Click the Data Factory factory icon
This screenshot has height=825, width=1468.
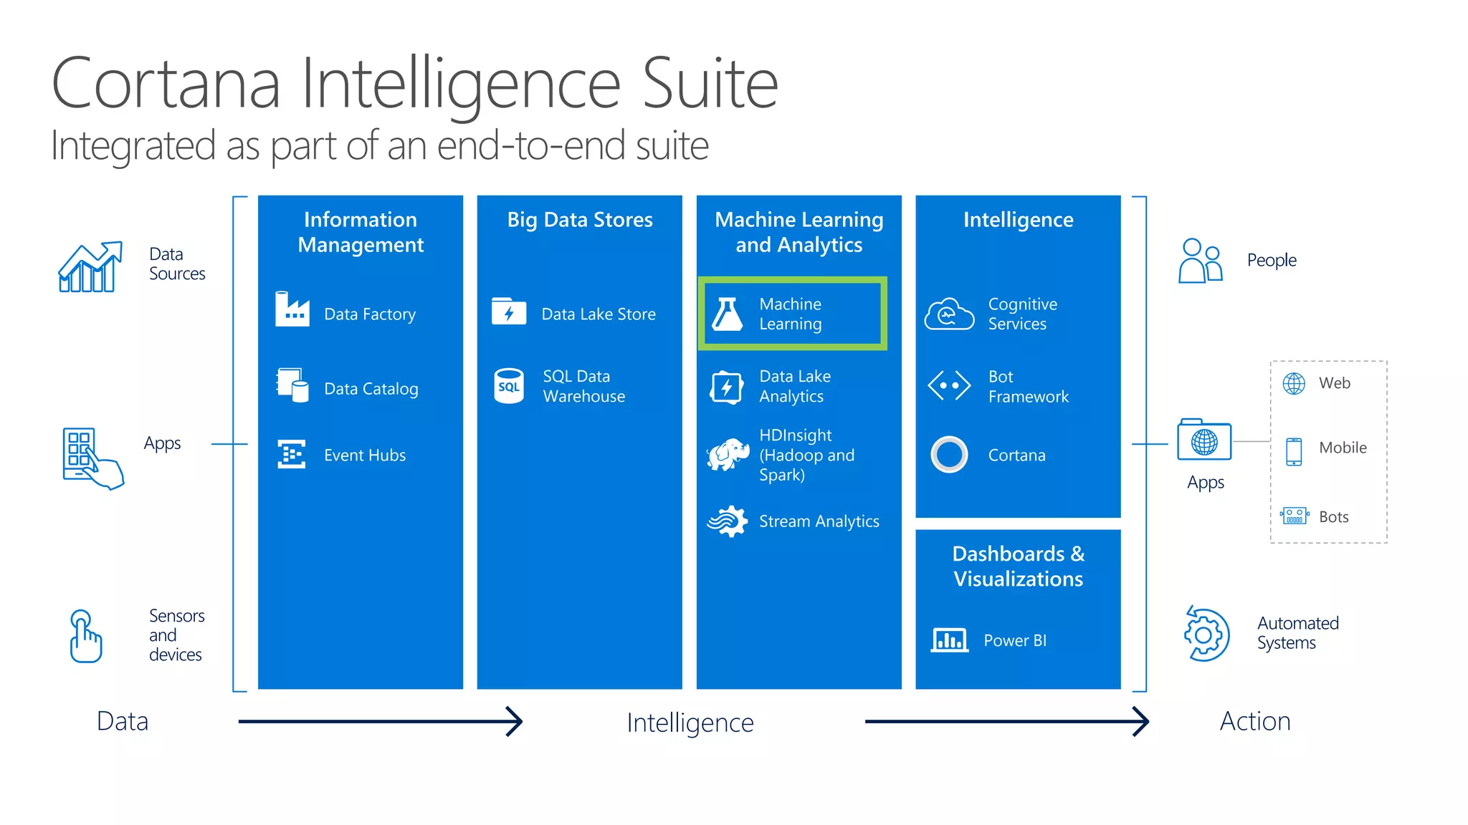[x=292, y=309]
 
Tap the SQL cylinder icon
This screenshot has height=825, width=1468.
[x=509, y=386]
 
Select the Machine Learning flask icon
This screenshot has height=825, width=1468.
[x=728, y=314]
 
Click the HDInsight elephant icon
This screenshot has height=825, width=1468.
[x=728, y=455]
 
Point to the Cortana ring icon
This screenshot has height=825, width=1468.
[x=949, y=454]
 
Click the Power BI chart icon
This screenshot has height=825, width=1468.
[x=949, y=640]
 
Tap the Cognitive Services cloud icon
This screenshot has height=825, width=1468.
[x=949, y=314]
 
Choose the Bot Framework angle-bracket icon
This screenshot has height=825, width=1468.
[x=949, y=386]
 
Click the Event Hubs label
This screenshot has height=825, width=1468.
[x=365, y=455]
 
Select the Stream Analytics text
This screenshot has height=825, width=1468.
[x=819, y=521]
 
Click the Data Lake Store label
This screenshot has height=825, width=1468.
[x=599, y=314]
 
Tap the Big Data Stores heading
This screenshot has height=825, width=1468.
[x=580, y=220]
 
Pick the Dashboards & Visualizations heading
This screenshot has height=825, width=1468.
[x=1018, y=566]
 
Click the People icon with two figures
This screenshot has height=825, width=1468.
[x=1200, y=261]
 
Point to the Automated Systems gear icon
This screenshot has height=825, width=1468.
[x=1206, y=635]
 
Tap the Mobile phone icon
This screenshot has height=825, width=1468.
[x=1294, y=451]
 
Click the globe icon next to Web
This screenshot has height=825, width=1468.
[x=1294, y=384]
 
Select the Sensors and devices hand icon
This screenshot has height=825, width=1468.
[x=85, y=636]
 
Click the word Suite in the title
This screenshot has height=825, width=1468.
[x=710, y=85]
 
